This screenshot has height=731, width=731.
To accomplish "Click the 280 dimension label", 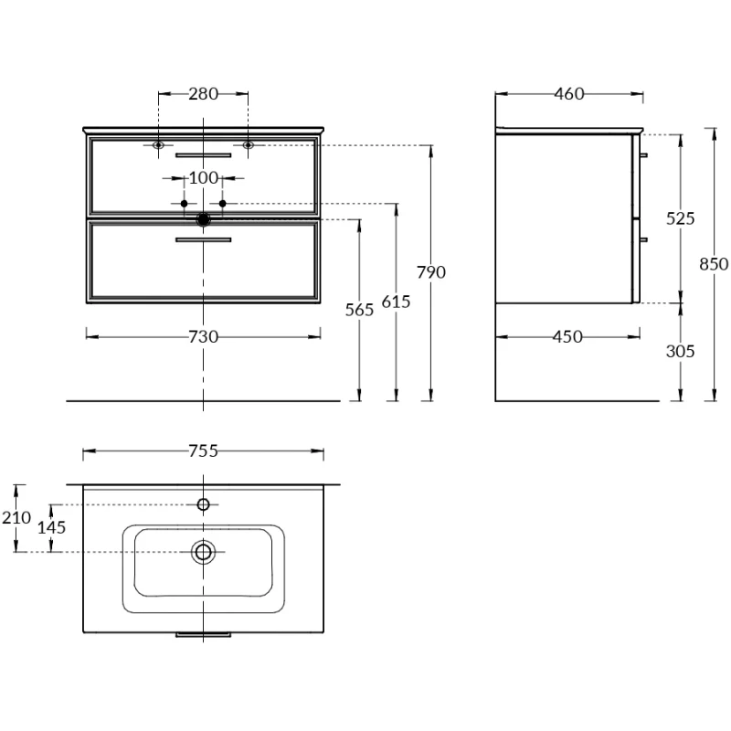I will coord(203,93).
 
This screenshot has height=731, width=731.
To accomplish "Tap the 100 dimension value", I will coord(203,177).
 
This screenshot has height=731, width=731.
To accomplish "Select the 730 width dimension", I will coord(203,336).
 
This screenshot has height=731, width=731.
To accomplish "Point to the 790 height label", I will coord(430,272).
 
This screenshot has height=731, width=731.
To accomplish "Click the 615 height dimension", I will coord(396,302).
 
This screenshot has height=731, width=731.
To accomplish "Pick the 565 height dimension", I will coord(360,310).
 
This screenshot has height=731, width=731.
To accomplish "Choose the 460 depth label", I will coord(568,93).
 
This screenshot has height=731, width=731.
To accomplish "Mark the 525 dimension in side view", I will coord(681,218).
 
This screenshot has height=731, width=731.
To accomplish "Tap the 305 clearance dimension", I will coord(681,351).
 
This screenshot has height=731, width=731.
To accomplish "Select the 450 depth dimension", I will coord(567,336).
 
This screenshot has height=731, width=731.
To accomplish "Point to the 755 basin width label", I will coord(203,450).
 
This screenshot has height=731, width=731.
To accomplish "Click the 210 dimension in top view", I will coord(16,518).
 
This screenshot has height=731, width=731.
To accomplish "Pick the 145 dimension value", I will coord(52,527).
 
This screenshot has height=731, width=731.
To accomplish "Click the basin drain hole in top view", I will coord(203,551).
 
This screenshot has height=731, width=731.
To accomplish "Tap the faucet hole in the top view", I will coord(203,504).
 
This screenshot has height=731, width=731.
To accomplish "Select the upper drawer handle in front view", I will coord(203,155).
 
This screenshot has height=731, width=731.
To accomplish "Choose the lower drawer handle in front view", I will coord(203,239).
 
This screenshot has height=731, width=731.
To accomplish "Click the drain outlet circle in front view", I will coord(203,219).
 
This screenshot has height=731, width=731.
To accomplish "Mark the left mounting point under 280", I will coord(159,144).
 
